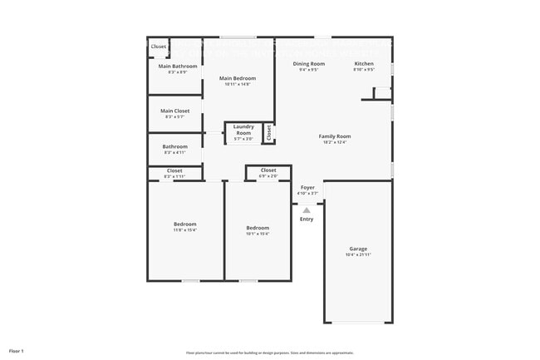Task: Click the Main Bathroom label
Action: pos(178,66)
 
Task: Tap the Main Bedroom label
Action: pos(238,78)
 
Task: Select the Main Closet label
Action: pos(175,111)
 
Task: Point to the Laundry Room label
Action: pos(243,130)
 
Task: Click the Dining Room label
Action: pos(308,63)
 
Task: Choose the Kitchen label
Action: pos(364,63)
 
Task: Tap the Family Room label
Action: pos(335,136)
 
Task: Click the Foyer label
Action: pos(307,187)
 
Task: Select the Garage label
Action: pos(358,249)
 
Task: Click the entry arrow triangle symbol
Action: pos(306,210)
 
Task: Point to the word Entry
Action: pos(307,219)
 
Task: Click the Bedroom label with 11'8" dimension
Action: pos(185,224)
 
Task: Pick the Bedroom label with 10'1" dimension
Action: pos(258,228)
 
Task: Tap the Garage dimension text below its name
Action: pos(358,254)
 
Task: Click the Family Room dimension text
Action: pos(335,142)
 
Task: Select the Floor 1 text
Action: pos(17,351)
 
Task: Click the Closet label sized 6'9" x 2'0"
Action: pos(268,170)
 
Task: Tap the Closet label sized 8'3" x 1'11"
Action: pos(174,170)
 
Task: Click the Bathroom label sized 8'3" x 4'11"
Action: pos(174,146)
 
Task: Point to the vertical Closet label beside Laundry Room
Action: pos(268,132)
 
